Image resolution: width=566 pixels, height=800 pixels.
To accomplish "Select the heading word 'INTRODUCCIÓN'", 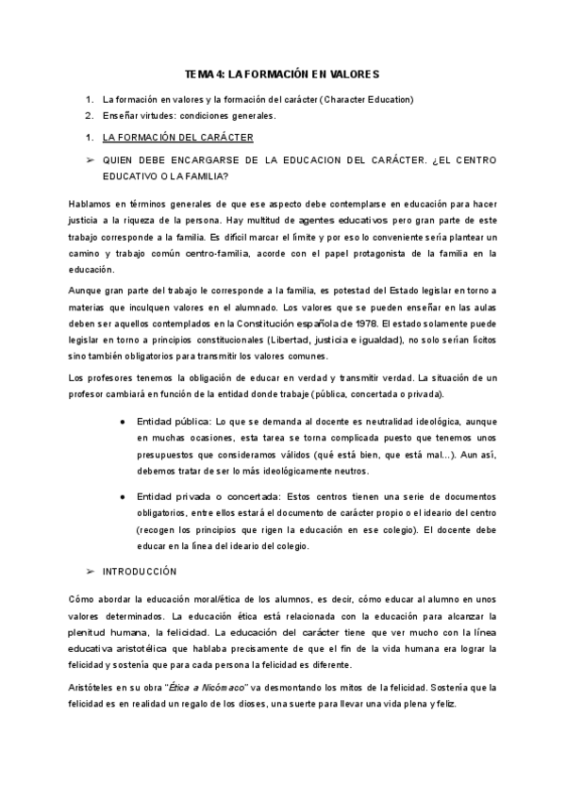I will [x=140, y=572].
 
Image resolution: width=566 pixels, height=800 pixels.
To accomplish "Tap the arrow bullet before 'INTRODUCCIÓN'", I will [x=91, y=572].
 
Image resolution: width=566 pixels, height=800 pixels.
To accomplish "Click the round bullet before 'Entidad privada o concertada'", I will [x=124, y=496].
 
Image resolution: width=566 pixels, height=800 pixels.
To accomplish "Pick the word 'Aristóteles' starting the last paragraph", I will [x=96, y=664].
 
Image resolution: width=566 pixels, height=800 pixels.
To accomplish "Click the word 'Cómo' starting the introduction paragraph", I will [x=83, y=600].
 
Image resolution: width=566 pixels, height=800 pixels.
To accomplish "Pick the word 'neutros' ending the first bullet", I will [x=346, y=471].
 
